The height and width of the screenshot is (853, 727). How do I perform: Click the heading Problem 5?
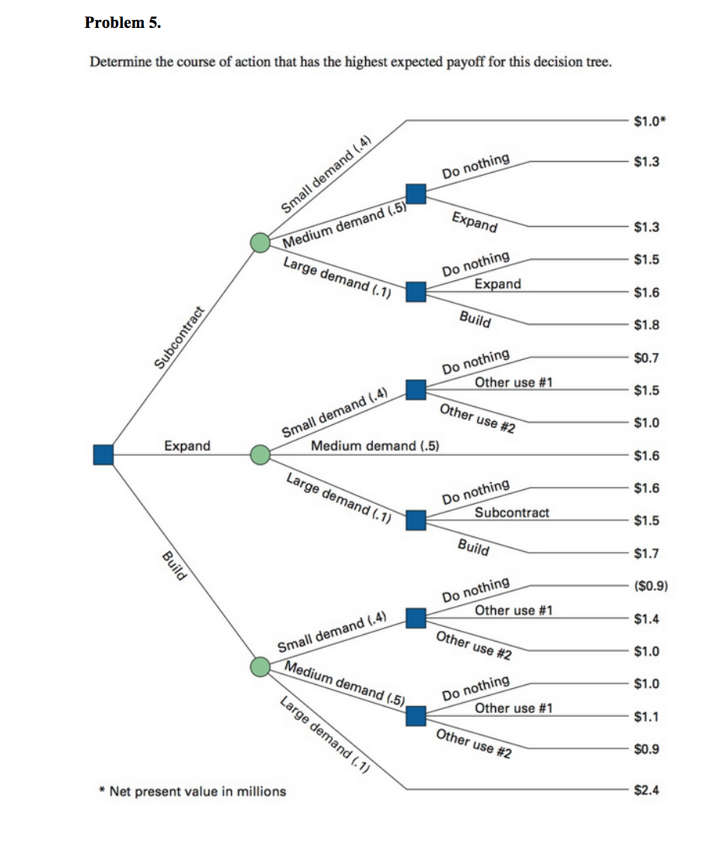(x=123, y=22)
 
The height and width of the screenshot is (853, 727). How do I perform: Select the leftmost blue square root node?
(x=103, y=454)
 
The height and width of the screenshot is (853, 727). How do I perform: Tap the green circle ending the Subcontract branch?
(x=261, y=243)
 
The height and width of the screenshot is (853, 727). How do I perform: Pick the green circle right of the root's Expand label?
(x=261, y=454)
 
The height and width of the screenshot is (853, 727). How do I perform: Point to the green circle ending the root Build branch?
(x=261, y=666)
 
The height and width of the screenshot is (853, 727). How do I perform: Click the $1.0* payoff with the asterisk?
(x=648, y=121)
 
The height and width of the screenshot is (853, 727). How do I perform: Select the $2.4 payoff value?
(x=646, y=790)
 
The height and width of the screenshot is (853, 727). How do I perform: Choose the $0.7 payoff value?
(x=646, y=358)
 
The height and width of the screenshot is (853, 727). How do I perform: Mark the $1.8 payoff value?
(x=646, y=324)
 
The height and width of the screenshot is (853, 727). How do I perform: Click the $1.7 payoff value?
(x=646, y=553)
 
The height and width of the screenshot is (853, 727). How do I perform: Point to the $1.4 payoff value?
(x=646, y=618)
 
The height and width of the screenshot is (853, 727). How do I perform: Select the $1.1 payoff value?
(x=646, y=717)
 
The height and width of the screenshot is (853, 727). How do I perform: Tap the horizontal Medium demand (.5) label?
(x=375, y=446)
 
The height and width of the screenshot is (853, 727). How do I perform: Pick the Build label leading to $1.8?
(x=474, y=319)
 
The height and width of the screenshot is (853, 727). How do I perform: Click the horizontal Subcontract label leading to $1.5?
(x=512, y=512)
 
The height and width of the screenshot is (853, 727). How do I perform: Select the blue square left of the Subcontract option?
(x=416, y=520)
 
